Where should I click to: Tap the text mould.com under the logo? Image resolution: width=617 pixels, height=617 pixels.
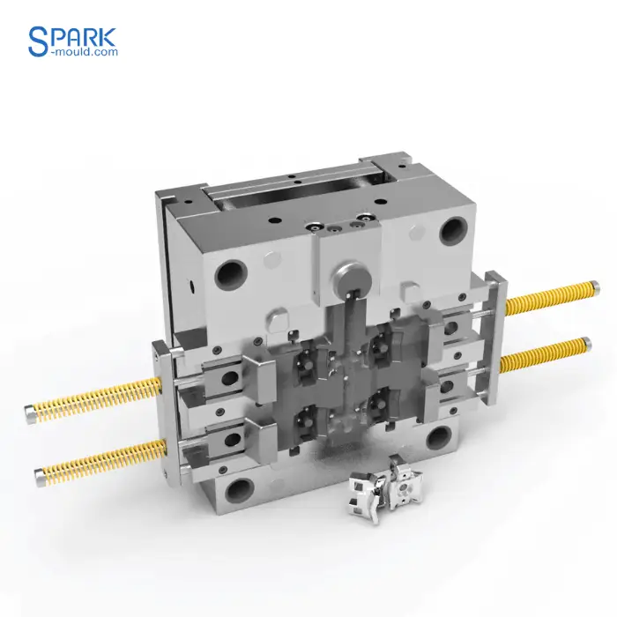pyautogui.click(x=85, y=52)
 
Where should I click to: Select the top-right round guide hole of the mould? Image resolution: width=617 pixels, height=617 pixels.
pyautogui.click(x=453, y=231)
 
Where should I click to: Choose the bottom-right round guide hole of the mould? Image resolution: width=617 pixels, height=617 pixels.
pyautogui.click(x=439, y=438)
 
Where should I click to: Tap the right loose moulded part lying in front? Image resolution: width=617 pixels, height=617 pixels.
pyautogui.click(x=408, y=482)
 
